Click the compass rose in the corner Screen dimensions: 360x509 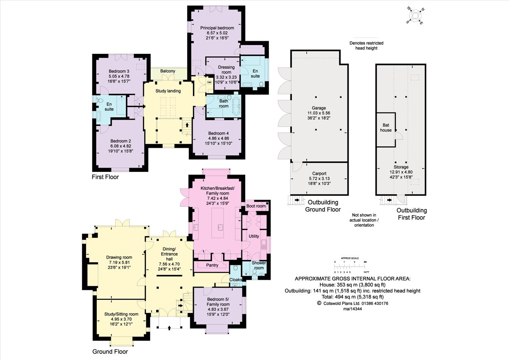click(415, 15)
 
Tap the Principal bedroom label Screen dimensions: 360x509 click(217, 28)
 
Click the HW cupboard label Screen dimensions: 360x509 click(209, 82)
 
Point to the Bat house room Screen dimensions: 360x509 click(386, 128)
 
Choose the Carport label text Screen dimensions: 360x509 click(319, 174)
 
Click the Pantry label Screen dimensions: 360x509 click(212, 265)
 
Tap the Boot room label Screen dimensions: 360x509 click(256, 206)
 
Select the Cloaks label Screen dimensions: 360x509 click(236, 280)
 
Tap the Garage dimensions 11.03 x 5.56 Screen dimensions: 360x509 click(319, 113)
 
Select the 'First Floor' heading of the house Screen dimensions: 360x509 click(106, 177)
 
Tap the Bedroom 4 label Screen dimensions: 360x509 click(217, 132)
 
